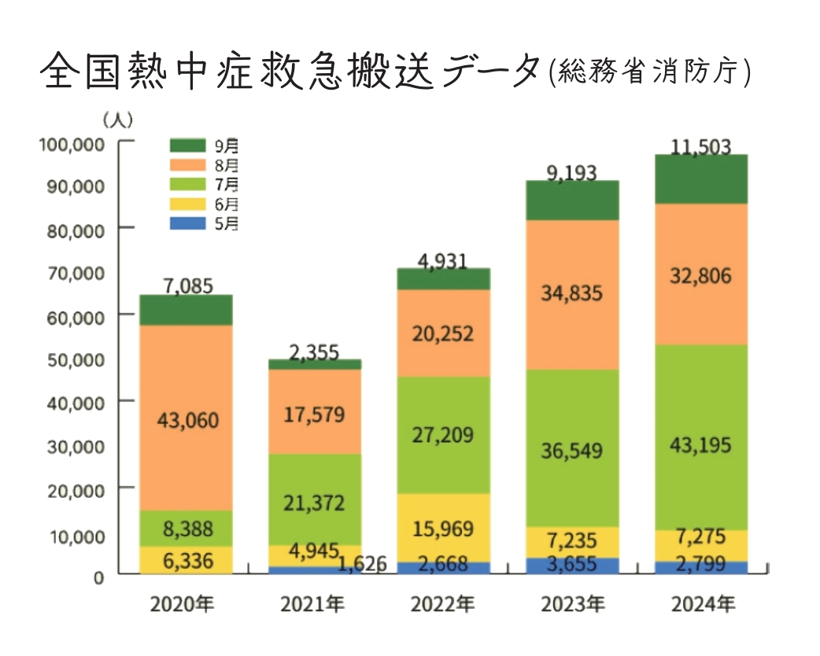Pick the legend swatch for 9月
187,146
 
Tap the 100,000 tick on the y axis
72,145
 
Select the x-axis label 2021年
312,605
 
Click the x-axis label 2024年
703,605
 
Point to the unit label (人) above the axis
118,120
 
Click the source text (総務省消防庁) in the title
650,72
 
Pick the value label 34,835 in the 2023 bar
571,294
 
